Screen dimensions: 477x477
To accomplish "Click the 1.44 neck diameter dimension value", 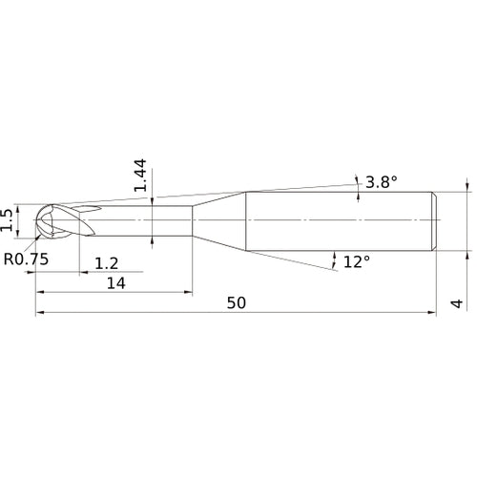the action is point(140,175).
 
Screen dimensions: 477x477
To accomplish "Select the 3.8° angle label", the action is point(382,182).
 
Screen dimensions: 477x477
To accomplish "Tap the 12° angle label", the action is point(357,261).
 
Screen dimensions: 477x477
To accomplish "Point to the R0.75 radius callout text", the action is point(26,259).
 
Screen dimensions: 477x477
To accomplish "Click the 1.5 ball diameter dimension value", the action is point(7,220).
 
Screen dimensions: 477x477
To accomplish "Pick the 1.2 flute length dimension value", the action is point(107,263).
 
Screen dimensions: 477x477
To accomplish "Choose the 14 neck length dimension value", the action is point(116,283).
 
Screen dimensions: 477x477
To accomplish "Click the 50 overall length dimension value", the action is point(237,302).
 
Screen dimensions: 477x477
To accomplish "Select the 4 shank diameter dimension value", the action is point(457,303).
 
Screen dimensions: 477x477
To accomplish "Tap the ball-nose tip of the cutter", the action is point(35,220).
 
